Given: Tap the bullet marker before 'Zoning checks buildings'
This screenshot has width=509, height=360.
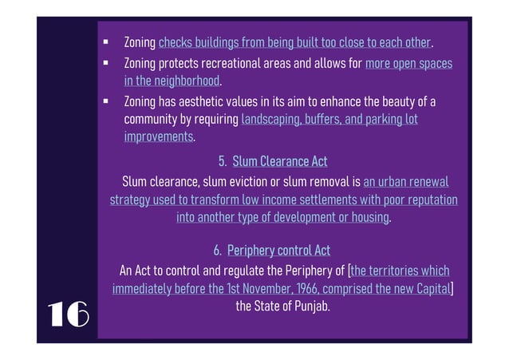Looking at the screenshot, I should click(105, 40).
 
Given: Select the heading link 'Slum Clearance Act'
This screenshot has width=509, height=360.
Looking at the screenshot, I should click(280, 162).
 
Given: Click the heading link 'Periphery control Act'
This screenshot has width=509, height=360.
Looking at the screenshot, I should click(278, 251).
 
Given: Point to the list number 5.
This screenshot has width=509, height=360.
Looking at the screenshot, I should click(222, 162).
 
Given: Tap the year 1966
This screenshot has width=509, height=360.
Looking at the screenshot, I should click(302, 288).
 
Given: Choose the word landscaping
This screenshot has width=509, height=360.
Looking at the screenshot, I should click(270, 120).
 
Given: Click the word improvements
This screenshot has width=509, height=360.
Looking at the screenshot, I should click(159, 137).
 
